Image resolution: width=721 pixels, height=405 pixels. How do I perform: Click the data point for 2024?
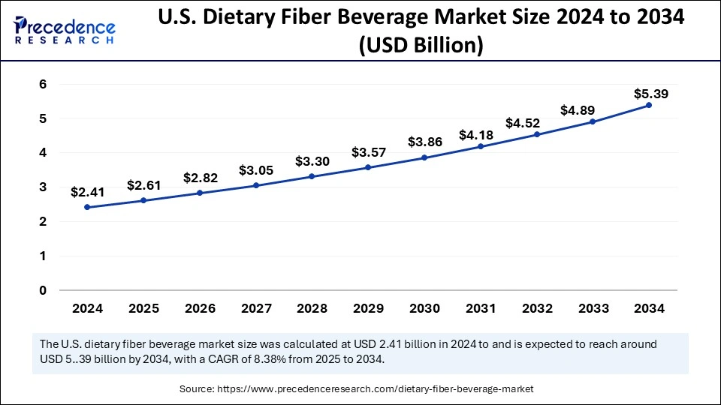(87, 207)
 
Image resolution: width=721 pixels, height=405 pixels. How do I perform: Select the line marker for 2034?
(649, 105)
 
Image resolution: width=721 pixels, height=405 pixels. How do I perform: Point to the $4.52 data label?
(536, 121)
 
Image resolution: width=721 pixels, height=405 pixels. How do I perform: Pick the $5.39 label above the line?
(650, 94)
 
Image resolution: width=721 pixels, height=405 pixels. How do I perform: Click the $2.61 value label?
(143, 185)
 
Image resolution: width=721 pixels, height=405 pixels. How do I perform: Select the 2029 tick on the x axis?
(368, 308)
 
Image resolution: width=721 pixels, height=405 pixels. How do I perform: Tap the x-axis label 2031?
(480, 308)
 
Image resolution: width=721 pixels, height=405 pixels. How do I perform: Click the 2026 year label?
(199, 308)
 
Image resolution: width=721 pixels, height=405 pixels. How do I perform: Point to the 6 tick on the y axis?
(43, 84)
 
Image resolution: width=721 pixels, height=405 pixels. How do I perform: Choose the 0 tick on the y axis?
(43, 290)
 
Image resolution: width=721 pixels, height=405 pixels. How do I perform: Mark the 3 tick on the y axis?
(43, 187)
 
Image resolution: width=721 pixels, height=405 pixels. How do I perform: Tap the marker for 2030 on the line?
(424, 157)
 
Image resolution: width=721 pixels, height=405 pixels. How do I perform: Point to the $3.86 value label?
(424, 142)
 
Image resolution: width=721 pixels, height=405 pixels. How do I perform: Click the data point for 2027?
(255, 185)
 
